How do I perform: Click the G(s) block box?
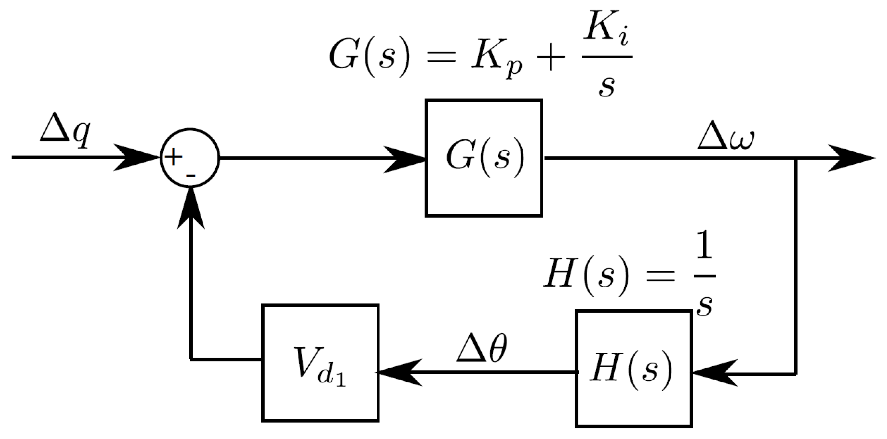[x=484, y=158]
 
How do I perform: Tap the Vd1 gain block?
[x=320, y=362]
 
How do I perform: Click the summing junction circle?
[x=190, y=158]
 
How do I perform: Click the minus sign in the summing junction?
[x=191, y=176]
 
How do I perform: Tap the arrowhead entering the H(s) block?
[x=713, y=373]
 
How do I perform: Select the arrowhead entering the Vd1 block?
[x=399, y=372]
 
